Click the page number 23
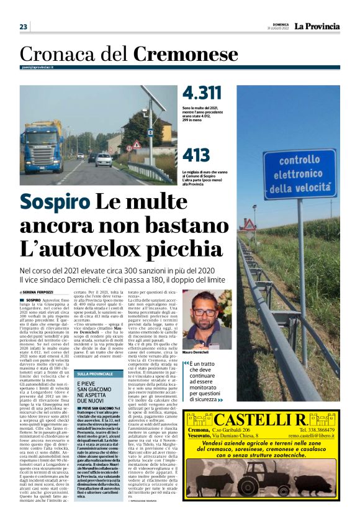click(24, 27)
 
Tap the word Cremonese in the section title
click(186, 54)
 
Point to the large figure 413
click(197, 155)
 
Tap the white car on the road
click(104, 160)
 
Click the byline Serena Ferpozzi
click(39, 291)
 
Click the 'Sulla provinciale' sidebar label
click(94, 374)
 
